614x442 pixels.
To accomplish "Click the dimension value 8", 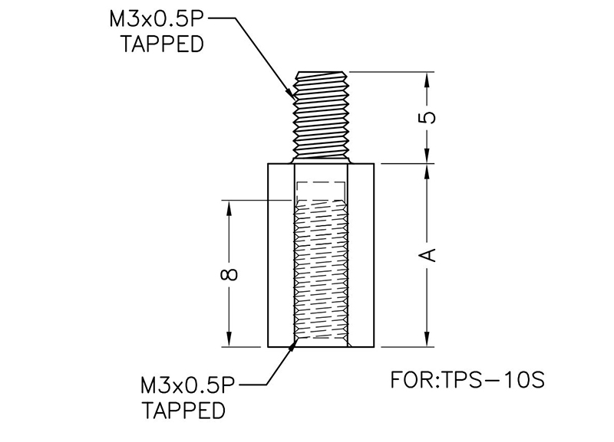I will tap(229, 273).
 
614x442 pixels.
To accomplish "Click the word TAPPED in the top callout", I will tap(163, 44).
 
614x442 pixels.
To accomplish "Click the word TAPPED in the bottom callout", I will tap(185, 411).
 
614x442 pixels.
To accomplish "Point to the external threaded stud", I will tap(322, 116).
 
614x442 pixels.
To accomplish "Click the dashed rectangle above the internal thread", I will tap(322, 192).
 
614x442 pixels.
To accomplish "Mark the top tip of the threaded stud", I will tap(322, 74).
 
